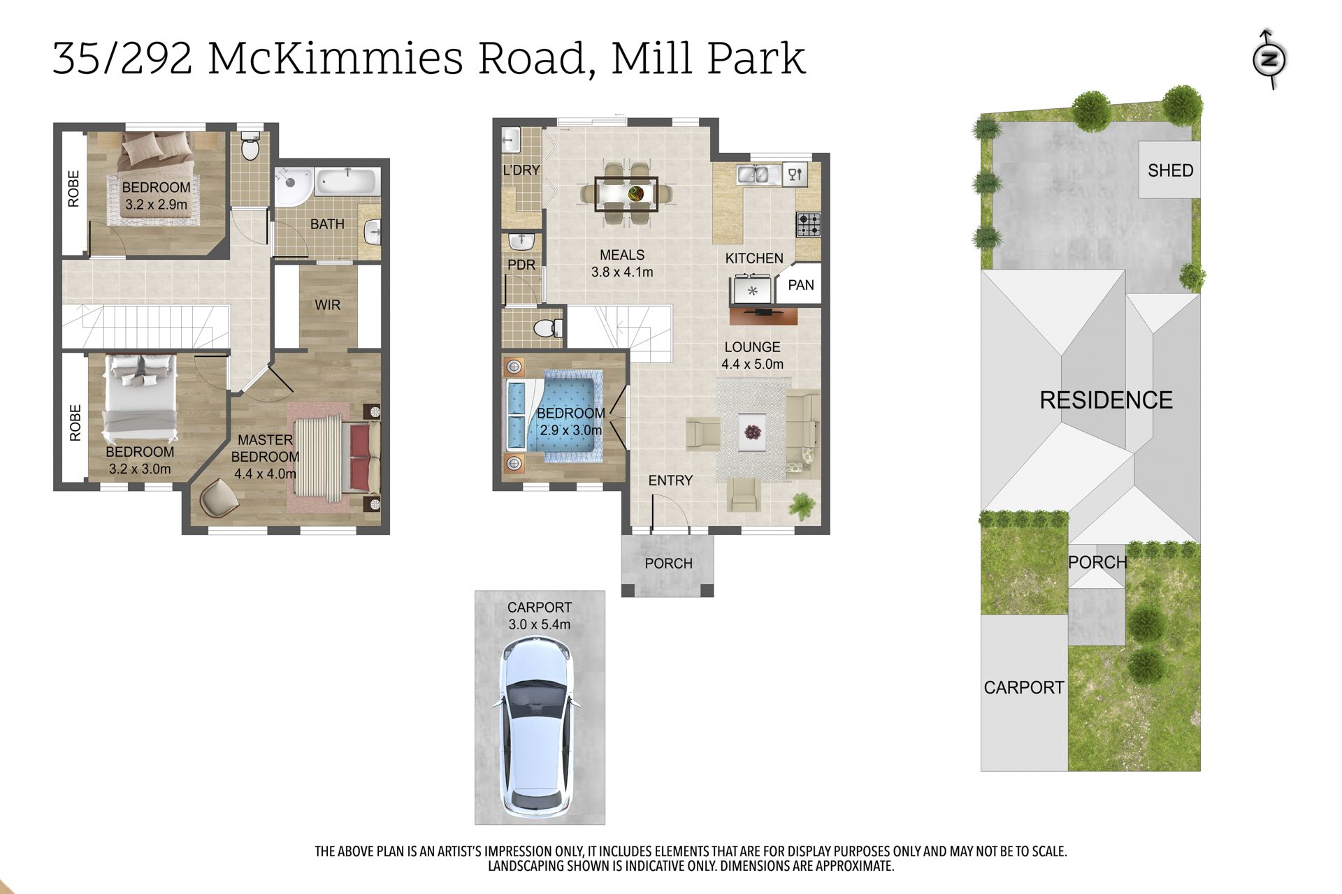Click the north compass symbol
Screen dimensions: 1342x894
click(1269, 59)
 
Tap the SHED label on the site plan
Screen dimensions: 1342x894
click(1170, 170)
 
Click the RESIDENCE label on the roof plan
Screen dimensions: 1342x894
click(1106, 400)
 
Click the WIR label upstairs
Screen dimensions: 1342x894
click(327, 305)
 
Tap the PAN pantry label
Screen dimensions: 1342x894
click(801, 285)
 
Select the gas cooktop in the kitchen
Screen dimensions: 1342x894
click(809, 224)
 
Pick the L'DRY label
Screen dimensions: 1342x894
click(521, 170)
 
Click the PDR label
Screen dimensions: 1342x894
click(521, 265)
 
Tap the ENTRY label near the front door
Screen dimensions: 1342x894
click(670, 481)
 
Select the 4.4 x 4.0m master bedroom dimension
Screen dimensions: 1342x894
click(265, 474)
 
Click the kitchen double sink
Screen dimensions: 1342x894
click(753, 175)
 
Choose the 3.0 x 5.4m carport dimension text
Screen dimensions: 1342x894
click(539, 624)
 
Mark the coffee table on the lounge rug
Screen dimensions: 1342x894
click(752, 432)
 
